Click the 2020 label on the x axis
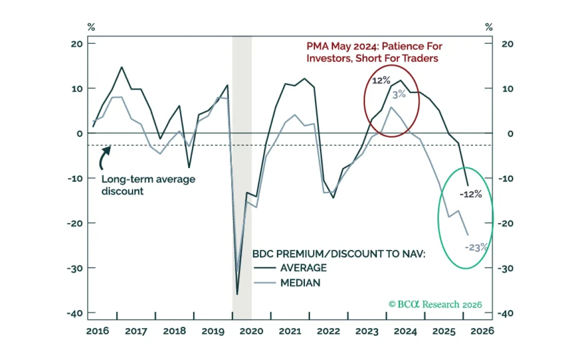(251, 331)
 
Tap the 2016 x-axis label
(97, 331)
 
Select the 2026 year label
(482, 331)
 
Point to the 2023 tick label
(367, 331)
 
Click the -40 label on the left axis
(75, 313)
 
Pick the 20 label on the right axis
(507, 44)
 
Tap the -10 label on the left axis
(76, 179)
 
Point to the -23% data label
(476, 247)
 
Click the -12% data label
(471, 194)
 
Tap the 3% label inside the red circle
(399, 95)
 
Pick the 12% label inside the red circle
(381, 81)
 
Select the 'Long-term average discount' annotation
(148, 185)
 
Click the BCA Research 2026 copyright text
(435, 304)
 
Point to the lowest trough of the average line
(237, 294)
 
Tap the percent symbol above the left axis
(91, 27)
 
